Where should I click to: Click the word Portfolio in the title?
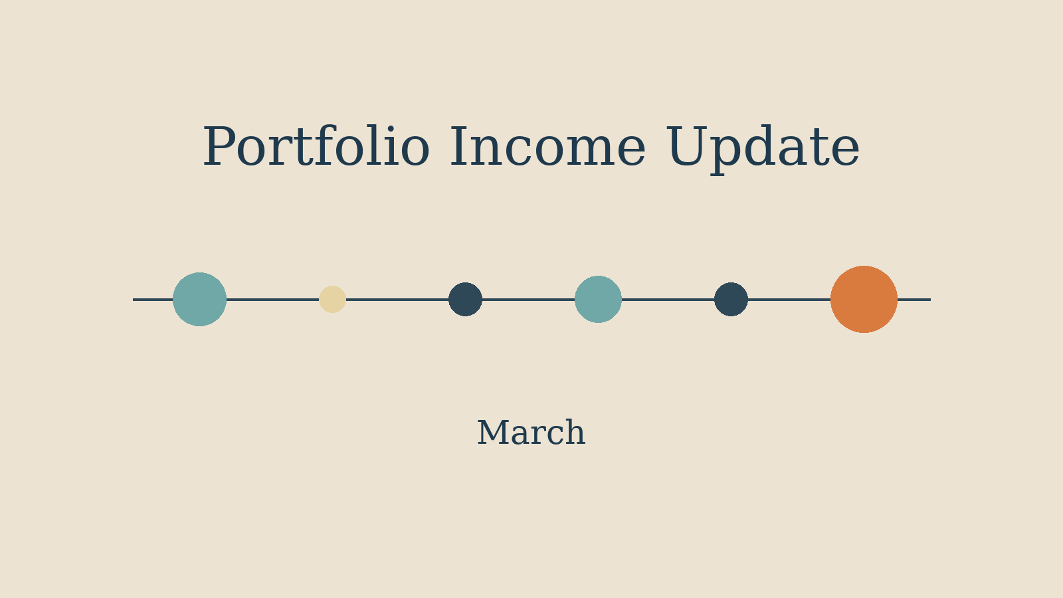(x=316, y=148)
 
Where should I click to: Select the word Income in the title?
(x=547, y=148)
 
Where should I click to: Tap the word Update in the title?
(x=762, y=148)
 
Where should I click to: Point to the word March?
(x=531, y=433)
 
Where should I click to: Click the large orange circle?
(x=864, y=299)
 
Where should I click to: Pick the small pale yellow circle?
(x=332, y=299)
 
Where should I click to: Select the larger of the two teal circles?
(x=199, y=299)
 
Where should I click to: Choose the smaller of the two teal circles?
(x=598, y=299)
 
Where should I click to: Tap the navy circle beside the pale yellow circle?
(x=465, y=299)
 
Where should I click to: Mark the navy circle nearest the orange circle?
(x=731, y=299)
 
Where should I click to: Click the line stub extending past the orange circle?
(x=914, y=299)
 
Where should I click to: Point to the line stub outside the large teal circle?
(x=153, y=299)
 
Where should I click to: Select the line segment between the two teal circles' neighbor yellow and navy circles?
(x=397, y=299)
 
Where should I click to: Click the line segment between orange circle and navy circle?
(x=789, y=299)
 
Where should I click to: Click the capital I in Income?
(x=461, y=148)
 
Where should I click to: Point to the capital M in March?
(x=492, y=433)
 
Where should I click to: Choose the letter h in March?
(x=575, y=433)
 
